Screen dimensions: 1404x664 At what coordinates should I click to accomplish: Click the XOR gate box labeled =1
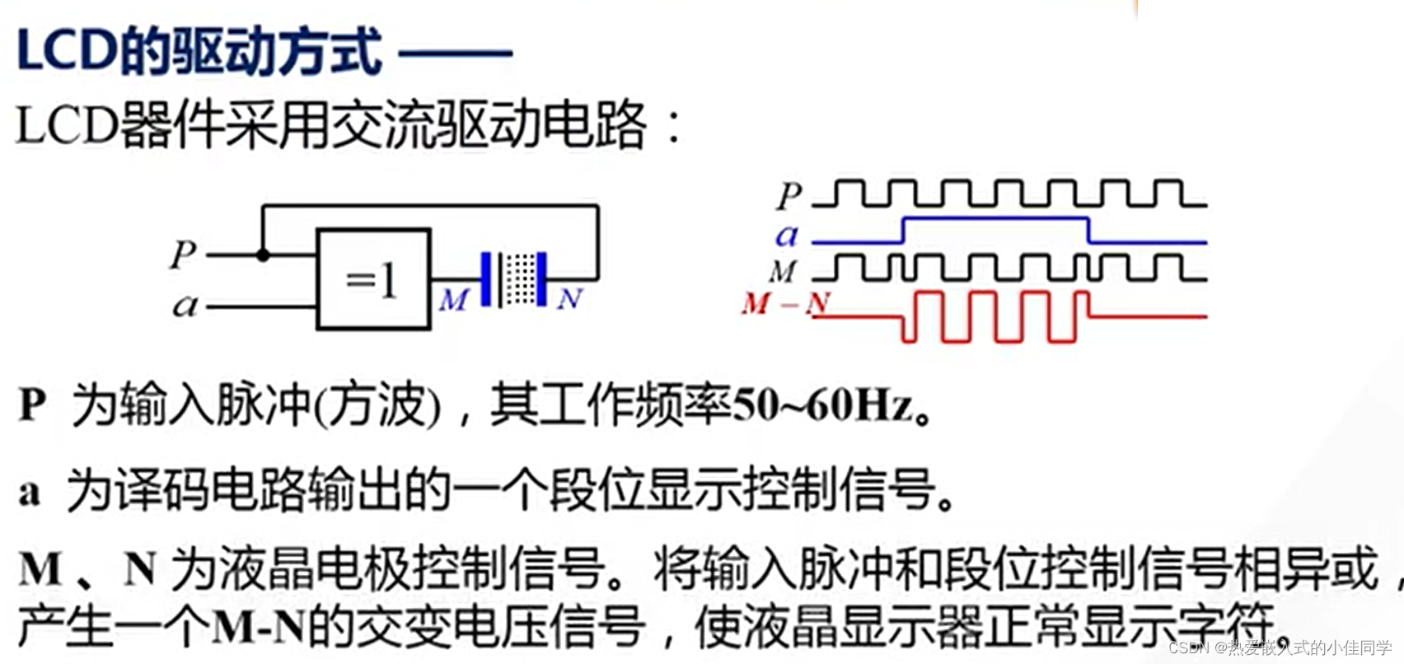[x=373, y=279]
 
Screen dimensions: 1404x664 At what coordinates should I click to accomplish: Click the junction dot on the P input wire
[x=263, y=255]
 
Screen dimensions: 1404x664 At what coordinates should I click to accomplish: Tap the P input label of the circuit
[x=183, y=255]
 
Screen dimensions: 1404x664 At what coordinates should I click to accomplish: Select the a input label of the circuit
[x=185, y=306]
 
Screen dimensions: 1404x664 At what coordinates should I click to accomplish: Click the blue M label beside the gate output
[x=453, y=300]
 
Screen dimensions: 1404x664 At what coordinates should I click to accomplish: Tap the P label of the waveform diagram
[x=789, y=196]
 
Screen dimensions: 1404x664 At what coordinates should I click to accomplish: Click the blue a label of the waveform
[x=787, y=236]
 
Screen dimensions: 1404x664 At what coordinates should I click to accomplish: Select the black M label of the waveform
[x=784, y=271]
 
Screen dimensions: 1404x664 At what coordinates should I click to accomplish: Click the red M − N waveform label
[x=784, y=304]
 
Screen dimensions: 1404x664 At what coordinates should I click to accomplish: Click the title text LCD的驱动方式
[x=199, y=52]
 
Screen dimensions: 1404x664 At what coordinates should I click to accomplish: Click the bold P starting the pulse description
[x=32, y=404]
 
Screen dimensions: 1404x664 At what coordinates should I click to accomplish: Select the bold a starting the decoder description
[x=30, y=492]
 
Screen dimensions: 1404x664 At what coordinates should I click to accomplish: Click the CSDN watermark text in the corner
[x=1280, y=648]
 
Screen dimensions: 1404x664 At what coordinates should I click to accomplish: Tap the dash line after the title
[x=455, y=54]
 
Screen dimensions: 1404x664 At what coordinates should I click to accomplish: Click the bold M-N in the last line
[x=258, y=629]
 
